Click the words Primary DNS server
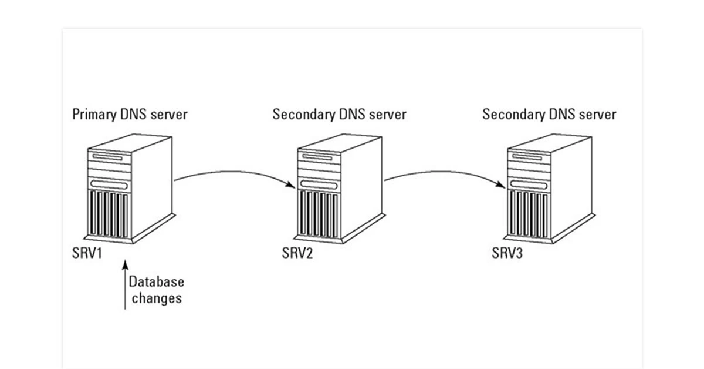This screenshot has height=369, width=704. [x=130, y=114]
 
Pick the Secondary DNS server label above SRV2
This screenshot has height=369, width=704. [x=339, y=114]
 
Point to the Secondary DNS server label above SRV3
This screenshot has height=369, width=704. [x=549, y=114]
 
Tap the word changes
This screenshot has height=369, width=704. [x=157, y=298]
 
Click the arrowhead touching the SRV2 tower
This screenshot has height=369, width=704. [x=292, y=186]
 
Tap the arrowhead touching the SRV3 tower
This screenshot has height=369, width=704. [x=502, y=186]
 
